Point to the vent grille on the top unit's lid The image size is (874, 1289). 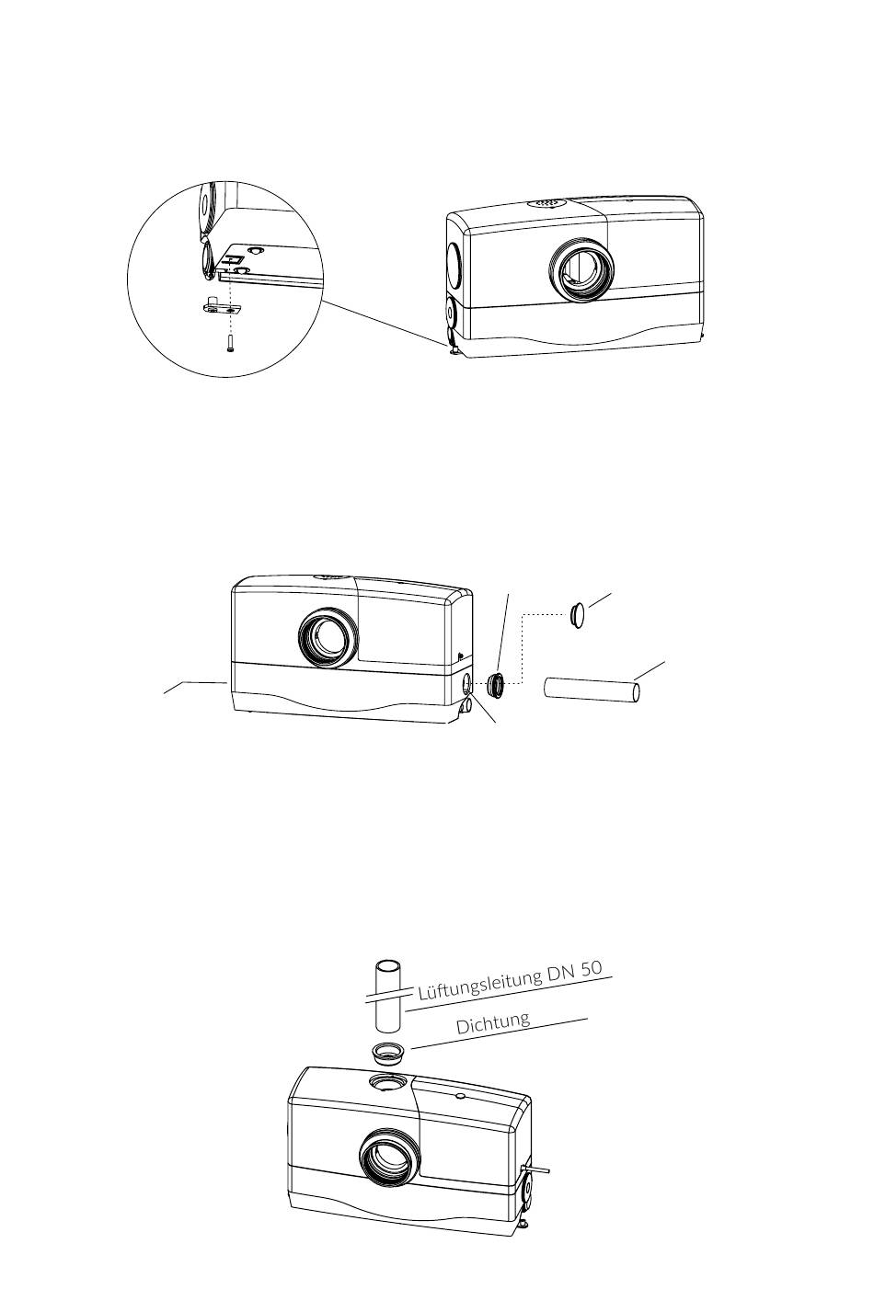[546, 204]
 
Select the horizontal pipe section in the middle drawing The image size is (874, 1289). [592, 690]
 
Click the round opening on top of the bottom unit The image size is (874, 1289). [385, 1082]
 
